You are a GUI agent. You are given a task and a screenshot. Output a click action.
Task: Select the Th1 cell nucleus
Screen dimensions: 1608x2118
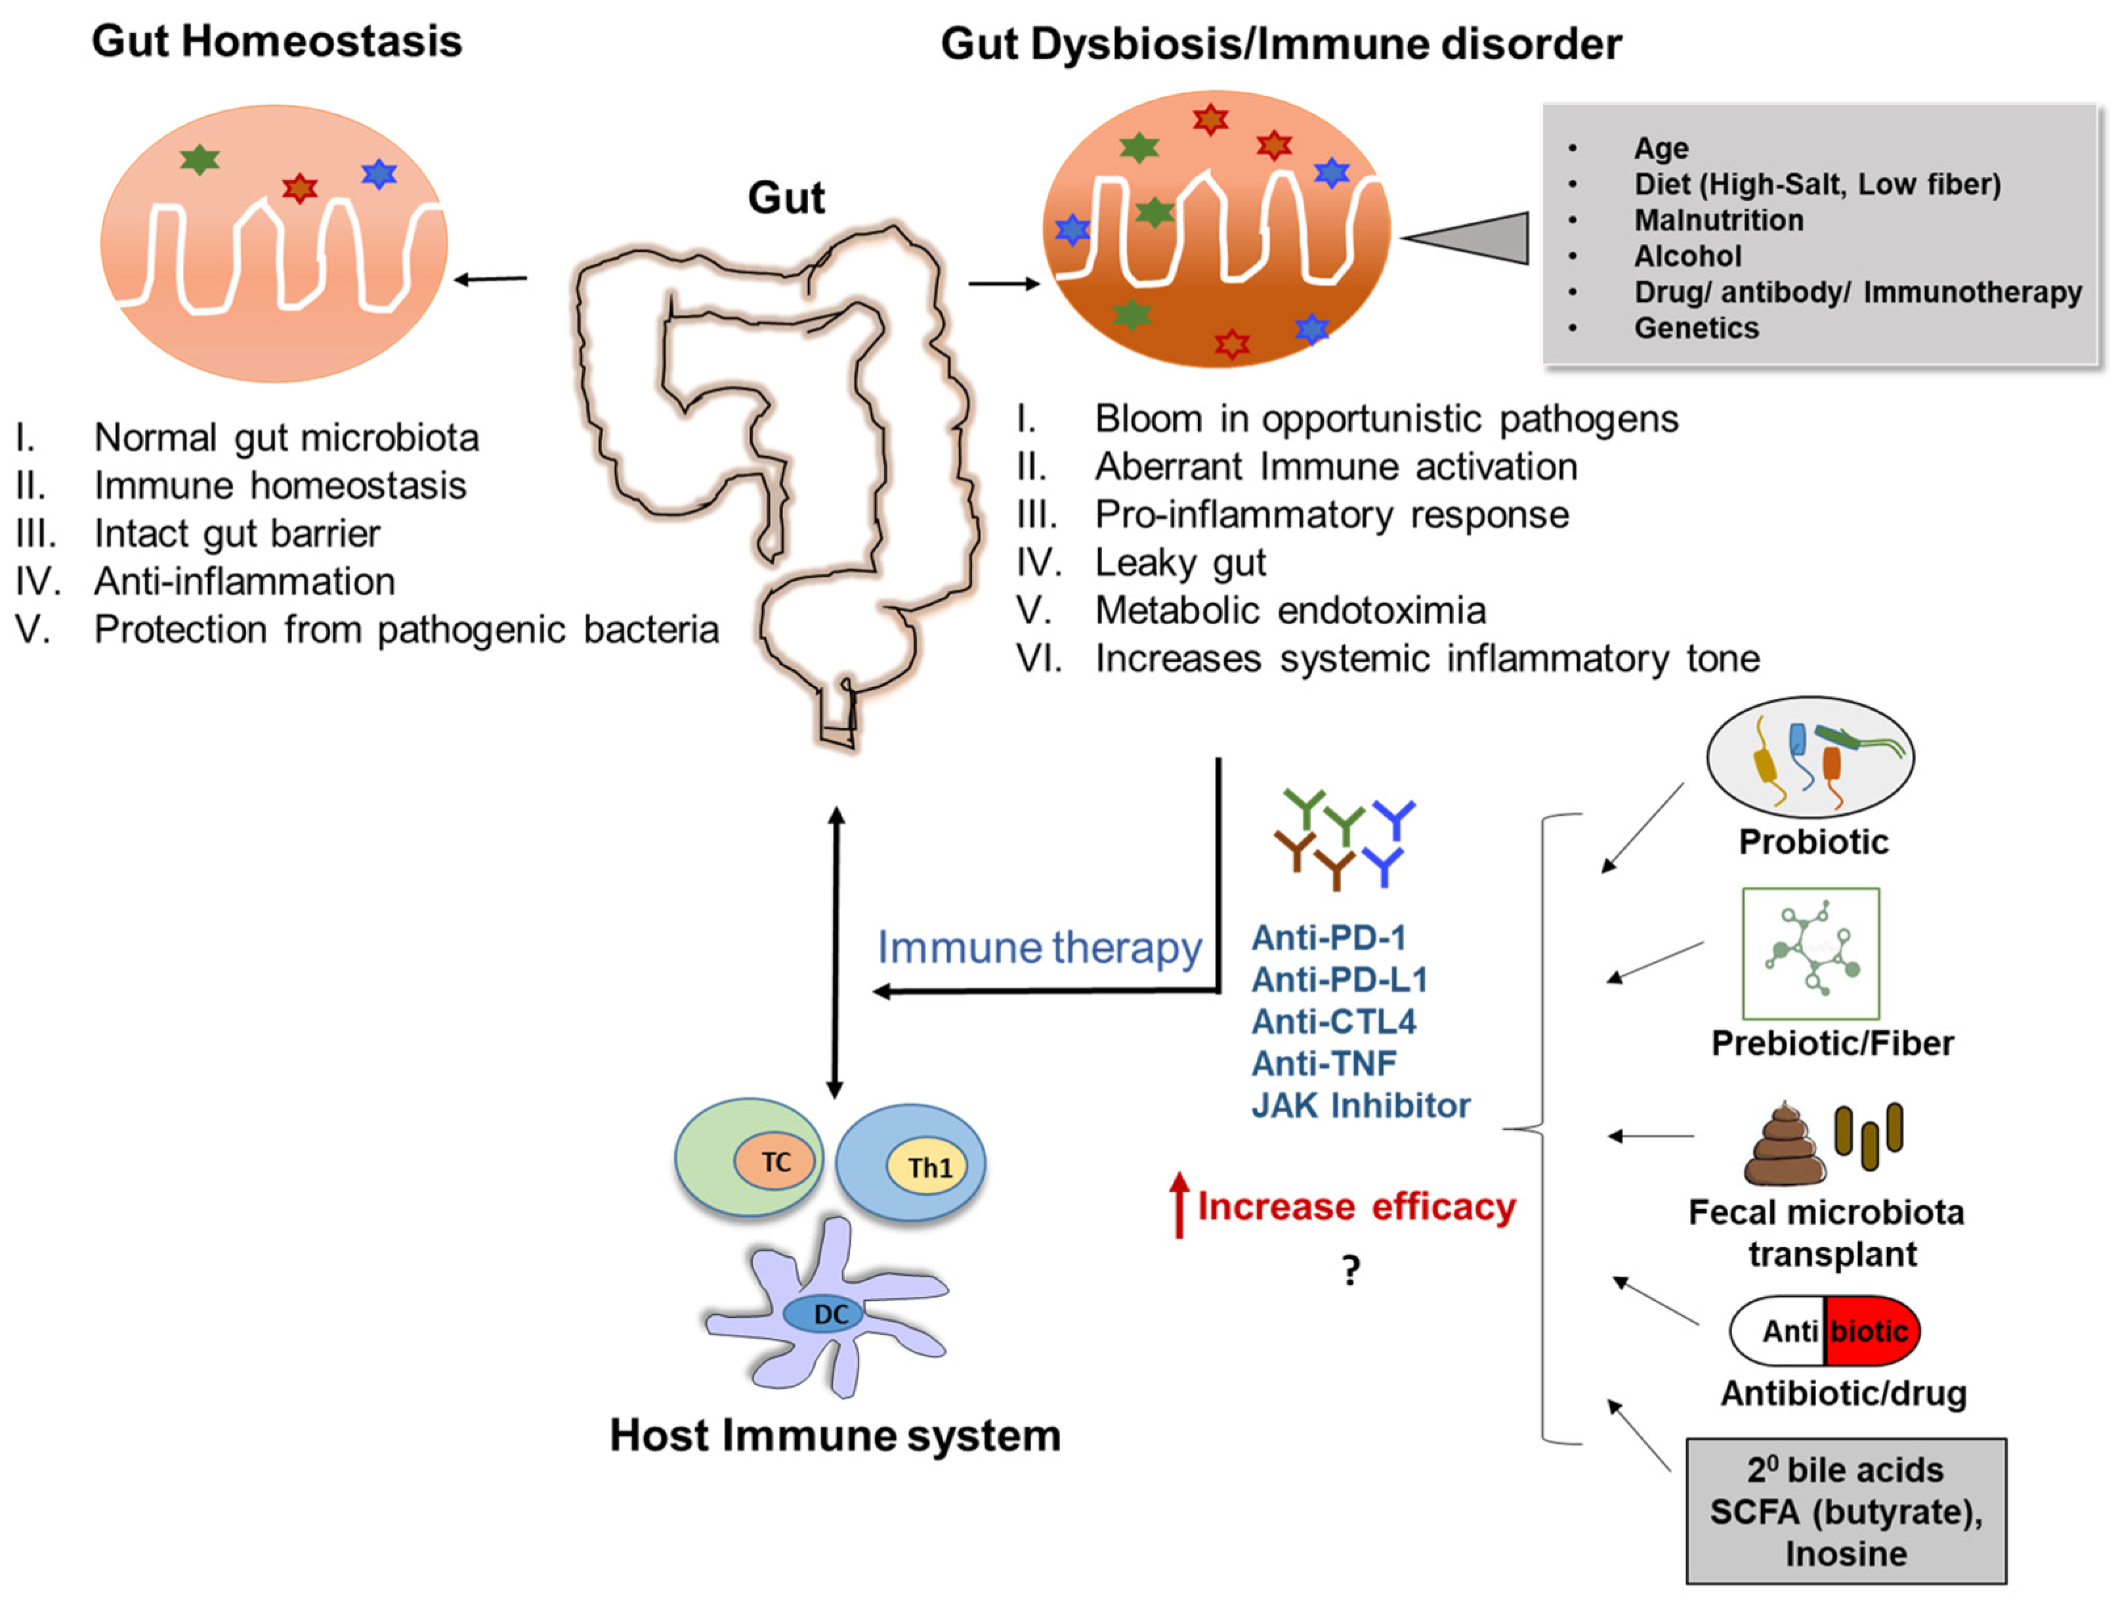coord(930,1168)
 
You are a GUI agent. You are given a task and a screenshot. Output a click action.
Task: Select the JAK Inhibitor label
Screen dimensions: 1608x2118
coord(1361,1105)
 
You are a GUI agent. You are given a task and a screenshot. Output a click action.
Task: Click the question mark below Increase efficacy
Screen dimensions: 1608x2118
coord(1351,1270)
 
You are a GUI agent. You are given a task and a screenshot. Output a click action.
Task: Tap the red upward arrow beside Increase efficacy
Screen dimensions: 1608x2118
coord(1179,1205)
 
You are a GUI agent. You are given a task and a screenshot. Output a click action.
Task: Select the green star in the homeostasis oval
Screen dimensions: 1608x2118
coord(199,159)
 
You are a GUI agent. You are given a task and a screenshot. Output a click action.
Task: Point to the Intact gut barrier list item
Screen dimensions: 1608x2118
coord(236,534)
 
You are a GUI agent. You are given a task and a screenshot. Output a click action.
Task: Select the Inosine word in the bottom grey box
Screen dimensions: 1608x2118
coord(1845,1554)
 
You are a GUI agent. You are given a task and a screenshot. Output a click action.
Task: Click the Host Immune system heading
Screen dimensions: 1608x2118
coord(835,1435)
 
